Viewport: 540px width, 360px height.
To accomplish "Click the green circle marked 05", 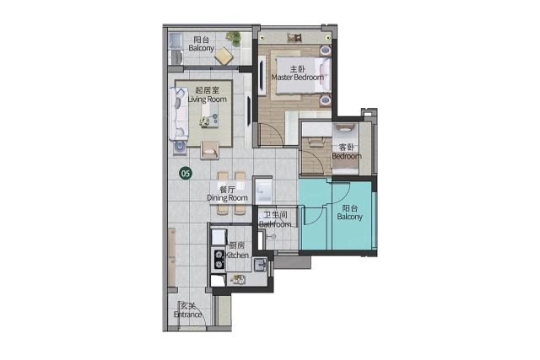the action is (186, 173).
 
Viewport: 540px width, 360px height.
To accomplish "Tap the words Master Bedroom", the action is (298, 78).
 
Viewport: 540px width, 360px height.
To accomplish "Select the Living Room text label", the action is (208, 99).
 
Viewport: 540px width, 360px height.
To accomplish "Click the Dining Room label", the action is (227, 198).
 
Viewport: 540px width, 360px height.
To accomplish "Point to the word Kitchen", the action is (237, 255).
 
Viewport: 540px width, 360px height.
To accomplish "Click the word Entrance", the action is (187, 314).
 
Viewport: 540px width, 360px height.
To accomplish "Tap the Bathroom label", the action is (275, 224).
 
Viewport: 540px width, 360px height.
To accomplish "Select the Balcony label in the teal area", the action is (349, 217).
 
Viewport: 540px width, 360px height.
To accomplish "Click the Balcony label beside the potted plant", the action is (201, 48).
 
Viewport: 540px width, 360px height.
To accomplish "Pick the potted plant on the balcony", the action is (234, 37).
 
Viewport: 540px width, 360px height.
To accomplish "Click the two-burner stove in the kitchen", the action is (219, 259).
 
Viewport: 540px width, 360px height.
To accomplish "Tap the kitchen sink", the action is (260, 265).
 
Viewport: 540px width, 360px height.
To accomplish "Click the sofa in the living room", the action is (178, 113).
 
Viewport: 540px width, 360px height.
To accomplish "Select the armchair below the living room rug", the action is (210, 150).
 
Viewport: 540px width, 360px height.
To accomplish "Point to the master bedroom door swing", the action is (272, 133).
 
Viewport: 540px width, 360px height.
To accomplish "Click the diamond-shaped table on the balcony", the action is (224, 56).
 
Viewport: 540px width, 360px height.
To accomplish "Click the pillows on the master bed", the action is (325, 75).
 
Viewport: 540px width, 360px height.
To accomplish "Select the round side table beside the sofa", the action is (179, 147).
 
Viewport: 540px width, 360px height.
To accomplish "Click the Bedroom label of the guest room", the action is (347, 156).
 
